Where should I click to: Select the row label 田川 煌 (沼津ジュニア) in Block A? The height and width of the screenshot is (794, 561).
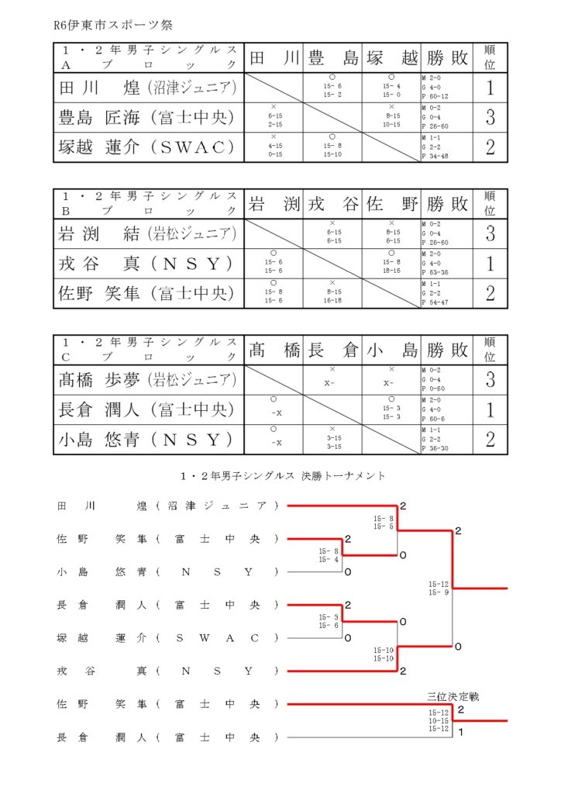(148, 88)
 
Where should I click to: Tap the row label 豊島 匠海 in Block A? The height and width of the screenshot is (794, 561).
(148, 118)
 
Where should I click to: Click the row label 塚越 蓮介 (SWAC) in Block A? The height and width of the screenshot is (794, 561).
(148, 147)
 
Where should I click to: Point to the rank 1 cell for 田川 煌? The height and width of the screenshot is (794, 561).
(490, 88)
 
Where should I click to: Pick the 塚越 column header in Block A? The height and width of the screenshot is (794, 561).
(392, 58)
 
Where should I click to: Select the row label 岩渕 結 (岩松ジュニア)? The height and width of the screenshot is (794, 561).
(148, 233)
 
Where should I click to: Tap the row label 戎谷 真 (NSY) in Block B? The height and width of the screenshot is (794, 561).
(148, 264)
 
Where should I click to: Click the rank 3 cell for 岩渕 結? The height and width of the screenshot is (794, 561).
(490, 233)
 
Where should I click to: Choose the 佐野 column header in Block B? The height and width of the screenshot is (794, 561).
(392, 204)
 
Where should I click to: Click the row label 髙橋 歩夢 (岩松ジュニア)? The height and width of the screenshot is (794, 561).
(148, 380)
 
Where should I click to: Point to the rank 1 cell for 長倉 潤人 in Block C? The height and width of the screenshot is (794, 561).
(490, 409)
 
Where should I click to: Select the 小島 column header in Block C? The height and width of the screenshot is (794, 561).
(392, 350)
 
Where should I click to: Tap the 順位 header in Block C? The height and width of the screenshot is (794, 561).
(490, 350)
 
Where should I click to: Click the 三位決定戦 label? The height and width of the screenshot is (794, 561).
(453, 696)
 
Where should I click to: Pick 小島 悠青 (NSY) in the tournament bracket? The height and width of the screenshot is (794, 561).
(167, 572)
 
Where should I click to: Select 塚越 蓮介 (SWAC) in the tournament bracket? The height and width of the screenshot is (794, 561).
(167, 638)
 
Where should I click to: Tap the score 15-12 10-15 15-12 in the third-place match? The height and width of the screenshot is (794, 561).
(439, 720)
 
